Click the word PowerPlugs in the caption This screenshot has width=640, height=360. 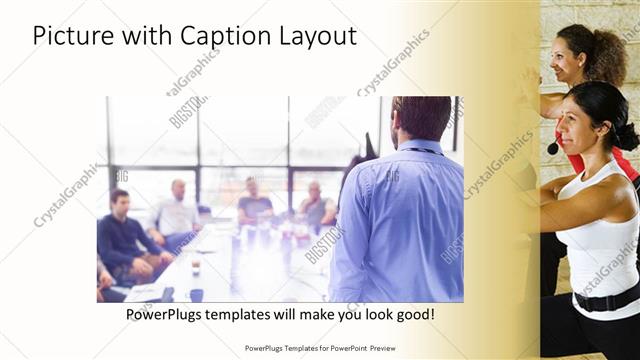tap(165, 314)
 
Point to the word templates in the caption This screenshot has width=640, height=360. tap(246, 314)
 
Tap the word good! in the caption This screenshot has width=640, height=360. tap(413, 314)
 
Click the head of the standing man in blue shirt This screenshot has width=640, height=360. tap(421, 118)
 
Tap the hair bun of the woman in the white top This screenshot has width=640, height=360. tap(626, 134)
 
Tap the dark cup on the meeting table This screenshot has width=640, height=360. tap(196, 295)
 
